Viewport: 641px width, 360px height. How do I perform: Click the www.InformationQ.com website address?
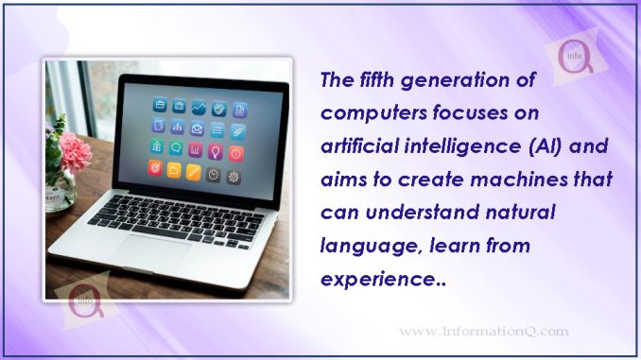click(483, 331)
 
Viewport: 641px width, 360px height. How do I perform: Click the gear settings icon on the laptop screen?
click(234, 177)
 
